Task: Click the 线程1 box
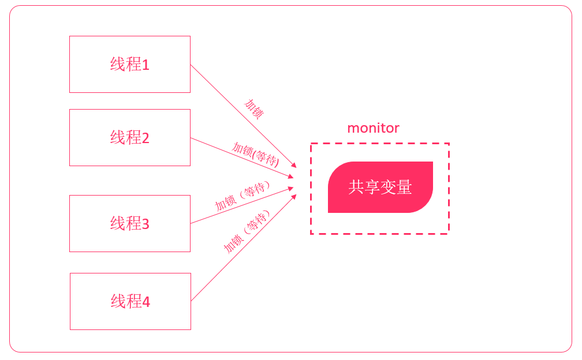pyautogui.click(x=129, y=64)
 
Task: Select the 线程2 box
pyautogui.click(x=129, y=137)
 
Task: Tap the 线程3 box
pyautogui.click(x=129, y=223)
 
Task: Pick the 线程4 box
pyautogui.click(x=130, y=301)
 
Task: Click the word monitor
pyautogui.click(x=373, y=128)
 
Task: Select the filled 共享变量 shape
pyautogui.click(x=380, y=187)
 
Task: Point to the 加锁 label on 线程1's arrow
pyautogui.click(x=253, y=108)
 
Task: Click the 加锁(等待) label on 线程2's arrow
pyautogui.click(x=256, y=154)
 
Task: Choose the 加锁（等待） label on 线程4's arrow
pyautogui.click(x=247, y=233)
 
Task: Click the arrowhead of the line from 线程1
pyautogui.click(x=294, y=165)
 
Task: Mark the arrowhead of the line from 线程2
pyautogui.click(x=291, y=176)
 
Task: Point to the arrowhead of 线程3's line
pyautogui.click(x=291, y=187)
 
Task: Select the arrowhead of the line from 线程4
pyautogui.click(x=294, y=197)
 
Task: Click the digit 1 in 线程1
pyautogui.click(x=145, y=65)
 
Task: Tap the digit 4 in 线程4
pyautogui.click(x=146, y=302)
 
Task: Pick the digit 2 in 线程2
pyautogui.click(x=145, y=138)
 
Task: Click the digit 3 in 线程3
pyautogui.click(x=145, y=224)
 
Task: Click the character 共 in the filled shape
pyautogui.click(x=356, y=187)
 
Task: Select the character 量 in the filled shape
pyautogui.click(x=404, y=187)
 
